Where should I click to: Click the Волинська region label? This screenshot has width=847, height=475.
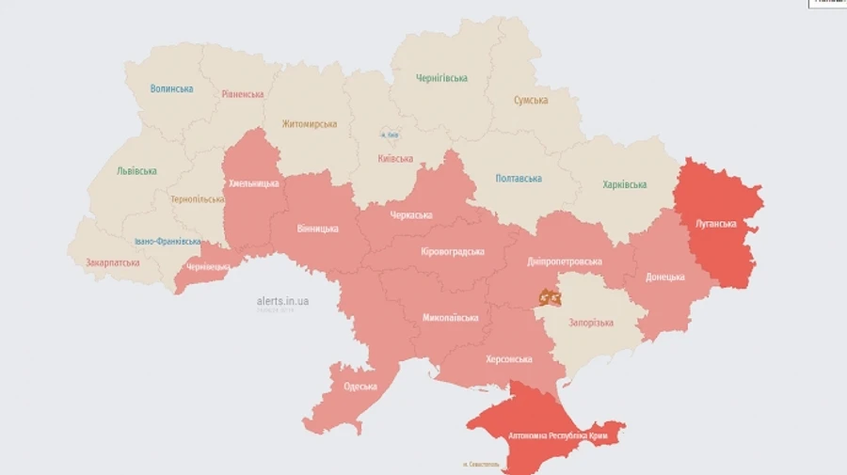pos(172,88)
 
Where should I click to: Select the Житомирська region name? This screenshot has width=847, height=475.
pos(309,124)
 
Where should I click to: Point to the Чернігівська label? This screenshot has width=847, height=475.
pos(441,78)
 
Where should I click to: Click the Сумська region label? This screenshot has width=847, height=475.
pos(531,101)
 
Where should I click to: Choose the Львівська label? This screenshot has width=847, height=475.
pos(136,171)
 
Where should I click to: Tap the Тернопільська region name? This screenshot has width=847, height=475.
pos(198,199)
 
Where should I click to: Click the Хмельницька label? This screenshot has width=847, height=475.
pos(253,183)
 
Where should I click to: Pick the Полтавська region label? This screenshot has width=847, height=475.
pos(519,178)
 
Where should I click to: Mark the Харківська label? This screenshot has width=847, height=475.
pos(625,184)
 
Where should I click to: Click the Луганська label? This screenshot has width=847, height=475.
pos(715,224)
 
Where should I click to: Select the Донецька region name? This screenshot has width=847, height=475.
pos(665,277)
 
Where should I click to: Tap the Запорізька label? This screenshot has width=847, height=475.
pos(591,323)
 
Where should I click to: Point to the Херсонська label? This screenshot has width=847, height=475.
pos(509,359)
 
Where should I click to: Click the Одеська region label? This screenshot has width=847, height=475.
pos(360,387)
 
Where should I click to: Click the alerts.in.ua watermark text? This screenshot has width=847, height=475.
pos(282,301)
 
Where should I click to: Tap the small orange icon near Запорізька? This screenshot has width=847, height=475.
pos(550,297)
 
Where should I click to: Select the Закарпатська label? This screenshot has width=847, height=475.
pos(112,262)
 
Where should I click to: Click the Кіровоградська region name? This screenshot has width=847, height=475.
pos(453,251)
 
